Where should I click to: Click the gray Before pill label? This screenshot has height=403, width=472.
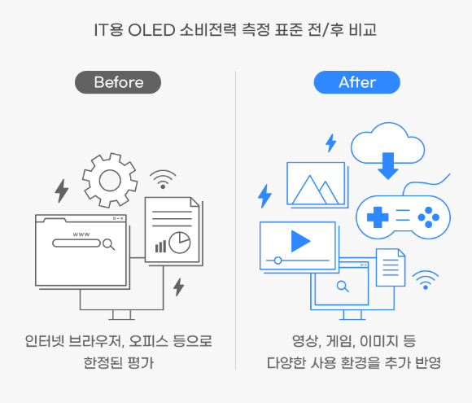click(x=118, y=82)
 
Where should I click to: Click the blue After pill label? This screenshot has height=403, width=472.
click(x=357, y=82)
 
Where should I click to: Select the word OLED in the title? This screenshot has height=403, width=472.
click(x=151, y=30)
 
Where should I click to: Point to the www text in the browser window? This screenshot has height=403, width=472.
click(x=81, y=234)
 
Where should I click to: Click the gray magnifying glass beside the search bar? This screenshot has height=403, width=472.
click(x=108, y=244)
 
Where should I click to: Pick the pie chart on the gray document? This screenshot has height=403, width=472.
click(x=180, y=243)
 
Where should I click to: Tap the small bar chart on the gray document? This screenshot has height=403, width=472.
click(x=160, y=247)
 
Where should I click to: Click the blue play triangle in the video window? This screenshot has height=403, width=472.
click(x=300, y=241)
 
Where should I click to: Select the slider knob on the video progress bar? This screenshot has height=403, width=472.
click(x=278, y=261)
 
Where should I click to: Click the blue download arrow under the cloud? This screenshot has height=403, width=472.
click(x=388, y=166)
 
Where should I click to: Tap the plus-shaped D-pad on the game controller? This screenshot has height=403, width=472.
click(x=378, y=217)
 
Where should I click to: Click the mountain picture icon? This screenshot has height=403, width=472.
click(x=316, y=183)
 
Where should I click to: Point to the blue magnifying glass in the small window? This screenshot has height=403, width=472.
click(x=343, y=287)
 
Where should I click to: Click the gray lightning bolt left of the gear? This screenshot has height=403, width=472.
click(x=62, y=191)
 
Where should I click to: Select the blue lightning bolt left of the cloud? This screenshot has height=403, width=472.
click(x=331, y=143)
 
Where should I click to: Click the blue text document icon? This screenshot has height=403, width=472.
click(x=391, y=268)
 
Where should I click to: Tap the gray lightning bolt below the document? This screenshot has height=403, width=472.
click(x=178, y=287)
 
